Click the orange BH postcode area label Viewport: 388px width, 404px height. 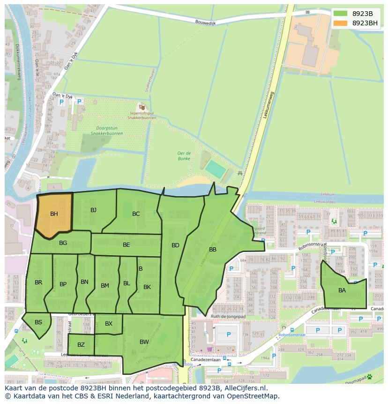(x=54, y=214)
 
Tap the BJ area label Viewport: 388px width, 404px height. (x=93, y=210)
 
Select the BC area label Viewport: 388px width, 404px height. (x=136, y=214)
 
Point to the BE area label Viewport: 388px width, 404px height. (x=126, y=245)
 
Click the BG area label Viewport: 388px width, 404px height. (x=63, y=243)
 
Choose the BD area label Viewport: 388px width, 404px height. (x=175, y=245)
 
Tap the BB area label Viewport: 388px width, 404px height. (x=213, y=250)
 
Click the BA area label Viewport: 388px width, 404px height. (x=342, y=290)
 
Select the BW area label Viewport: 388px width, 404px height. (x=144, y=342)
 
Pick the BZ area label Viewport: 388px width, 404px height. (x=81, y=345)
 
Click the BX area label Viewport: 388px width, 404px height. (x=109, y=324)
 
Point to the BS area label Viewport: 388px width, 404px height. (x=38, y=322)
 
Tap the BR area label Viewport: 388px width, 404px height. (x=38, y=282)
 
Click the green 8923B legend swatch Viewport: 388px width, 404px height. (x=341, y=14)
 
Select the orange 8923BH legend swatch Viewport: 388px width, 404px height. (x=341, y=23)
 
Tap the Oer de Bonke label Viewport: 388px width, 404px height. (x=184, y=156)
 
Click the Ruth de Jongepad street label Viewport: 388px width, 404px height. (x=228, y=316)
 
